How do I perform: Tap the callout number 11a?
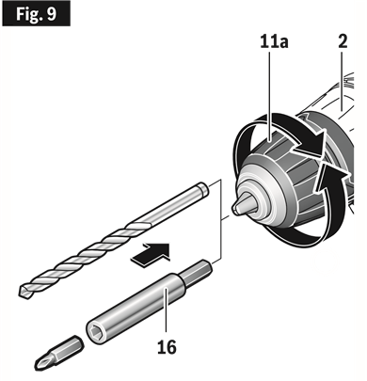point(273,42)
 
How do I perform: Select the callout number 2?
point(342,42)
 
